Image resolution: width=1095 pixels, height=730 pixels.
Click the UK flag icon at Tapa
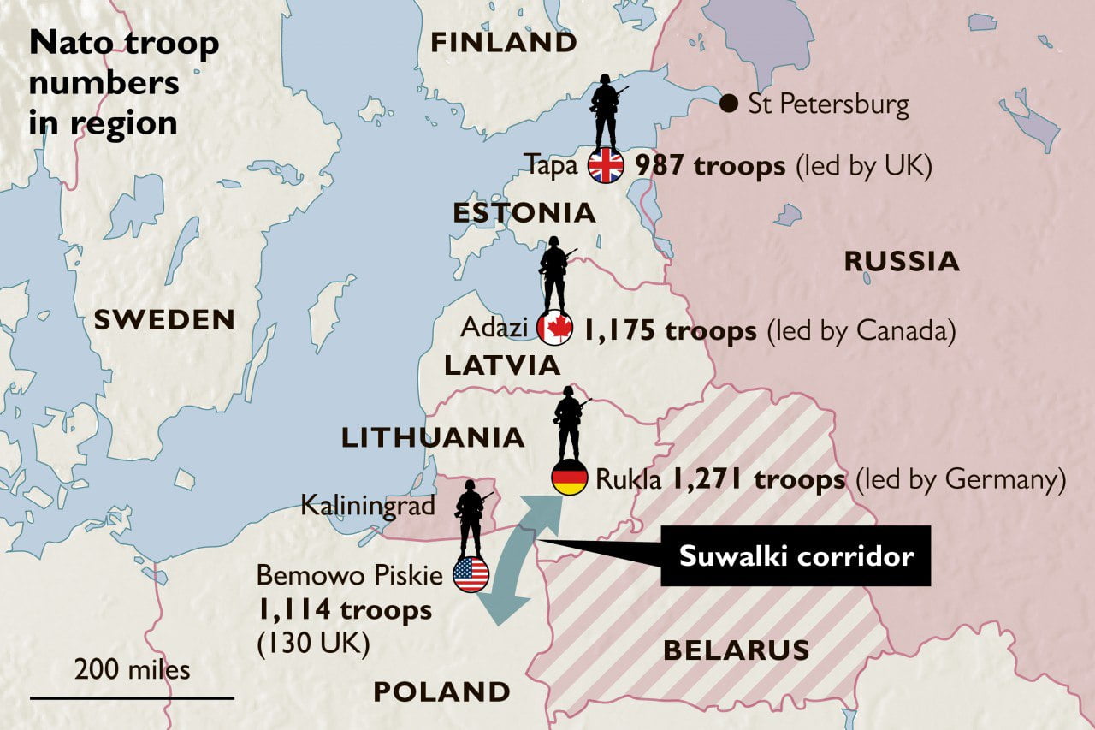click(606, 166)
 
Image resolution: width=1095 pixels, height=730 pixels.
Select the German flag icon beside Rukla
click(569, 478)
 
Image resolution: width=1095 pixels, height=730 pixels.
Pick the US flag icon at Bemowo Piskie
click(471, 575)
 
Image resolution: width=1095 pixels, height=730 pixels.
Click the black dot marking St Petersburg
click(729, 104)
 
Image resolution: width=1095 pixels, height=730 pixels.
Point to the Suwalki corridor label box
click(796, 556)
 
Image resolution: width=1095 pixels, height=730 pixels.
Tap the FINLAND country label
click(503, 43)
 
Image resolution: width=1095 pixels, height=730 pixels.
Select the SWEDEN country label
click(164, 320)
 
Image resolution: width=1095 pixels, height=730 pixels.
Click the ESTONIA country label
click(524, 213)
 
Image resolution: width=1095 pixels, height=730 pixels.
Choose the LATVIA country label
click(501, 366)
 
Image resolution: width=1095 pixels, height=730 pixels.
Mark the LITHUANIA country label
click(433, 438)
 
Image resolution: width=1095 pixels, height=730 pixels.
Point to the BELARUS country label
click(736, 650)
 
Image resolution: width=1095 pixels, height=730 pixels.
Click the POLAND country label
click(441, 691)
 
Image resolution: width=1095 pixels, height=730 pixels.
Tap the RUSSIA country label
click(902, 262)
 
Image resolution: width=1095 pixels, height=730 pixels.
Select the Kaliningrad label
click(368, 506)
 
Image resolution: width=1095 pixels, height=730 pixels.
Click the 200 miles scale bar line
click(133, 698)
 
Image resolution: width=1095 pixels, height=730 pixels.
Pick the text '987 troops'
click(710, 166)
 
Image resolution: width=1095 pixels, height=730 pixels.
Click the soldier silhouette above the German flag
click(569, 424)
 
